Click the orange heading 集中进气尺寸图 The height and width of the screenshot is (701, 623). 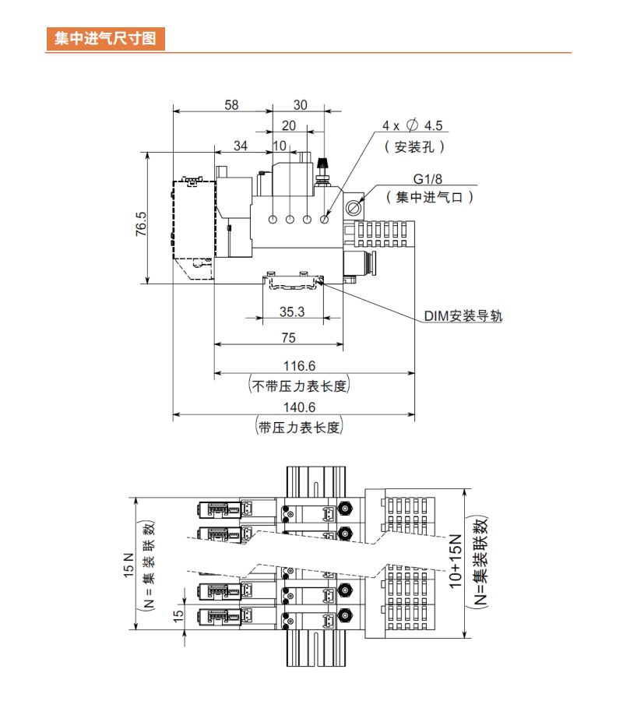click(x=105, y=39)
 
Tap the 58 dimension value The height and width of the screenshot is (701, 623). click(x=231, y=104)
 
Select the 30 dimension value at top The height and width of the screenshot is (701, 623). click(x=300, y=104)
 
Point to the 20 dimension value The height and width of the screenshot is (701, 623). click(x=289, y=125)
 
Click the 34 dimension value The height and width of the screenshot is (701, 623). click(x=241, y=146)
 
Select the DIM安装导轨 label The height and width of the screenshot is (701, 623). click(x=463, y=316)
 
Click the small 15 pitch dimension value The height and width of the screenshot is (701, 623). click(x=178, y=615)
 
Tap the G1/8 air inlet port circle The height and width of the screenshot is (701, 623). click(x=354, y=209)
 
